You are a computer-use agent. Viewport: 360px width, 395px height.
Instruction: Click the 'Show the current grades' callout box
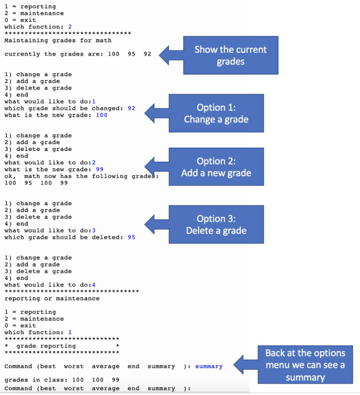click(x=230, y=55)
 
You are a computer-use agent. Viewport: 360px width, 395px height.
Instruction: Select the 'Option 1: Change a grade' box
click(x=216, y=113)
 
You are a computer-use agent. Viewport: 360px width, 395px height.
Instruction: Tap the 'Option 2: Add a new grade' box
click(x=216, y=167)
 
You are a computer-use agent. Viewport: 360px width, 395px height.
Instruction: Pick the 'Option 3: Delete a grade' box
click(x=216, y=225)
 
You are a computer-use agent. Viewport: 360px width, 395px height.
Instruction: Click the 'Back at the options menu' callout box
click(x=305, y=365)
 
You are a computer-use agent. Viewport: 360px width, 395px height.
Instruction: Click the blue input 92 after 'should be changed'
click(x=132, y=108)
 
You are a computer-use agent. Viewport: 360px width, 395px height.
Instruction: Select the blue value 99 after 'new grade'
click(x=100, y=169)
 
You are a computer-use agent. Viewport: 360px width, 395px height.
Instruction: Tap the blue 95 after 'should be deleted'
click(x=132, y=237)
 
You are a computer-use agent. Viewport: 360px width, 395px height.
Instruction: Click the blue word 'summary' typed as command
click(x=209, y=366)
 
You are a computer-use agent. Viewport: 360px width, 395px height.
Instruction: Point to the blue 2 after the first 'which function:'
click(x=70, y=27)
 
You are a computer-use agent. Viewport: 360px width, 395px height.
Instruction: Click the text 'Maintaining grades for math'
click(x=58, y=40)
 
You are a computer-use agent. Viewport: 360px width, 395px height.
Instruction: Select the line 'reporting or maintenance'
click(x=52, y=299)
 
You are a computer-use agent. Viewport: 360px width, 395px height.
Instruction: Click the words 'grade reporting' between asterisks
click(x=46, y=346)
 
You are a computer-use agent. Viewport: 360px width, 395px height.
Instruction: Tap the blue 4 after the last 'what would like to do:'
click(x=94, y=285)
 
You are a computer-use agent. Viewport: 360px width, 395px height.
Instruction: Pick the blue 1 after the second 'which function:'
click(x=70, y=332)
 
